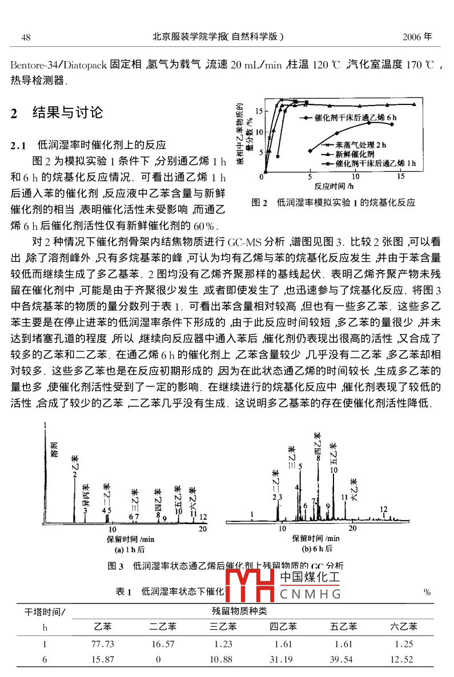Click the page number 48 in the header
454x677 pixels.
point(26,38)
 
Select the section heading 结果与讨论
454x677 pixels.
point(67,112)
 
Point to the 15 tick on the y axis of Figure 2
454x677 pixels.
point(259,111)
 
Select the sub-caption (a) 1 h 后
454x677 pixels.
point(130,549)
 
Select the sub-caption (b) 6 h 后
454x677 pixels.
point(317,549)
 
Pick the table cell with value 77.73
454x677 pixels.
point(103,644)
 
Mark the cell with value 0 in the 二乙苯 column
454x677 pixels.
point(158,659)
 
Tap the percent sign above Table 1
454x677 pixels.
point(427,592)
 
